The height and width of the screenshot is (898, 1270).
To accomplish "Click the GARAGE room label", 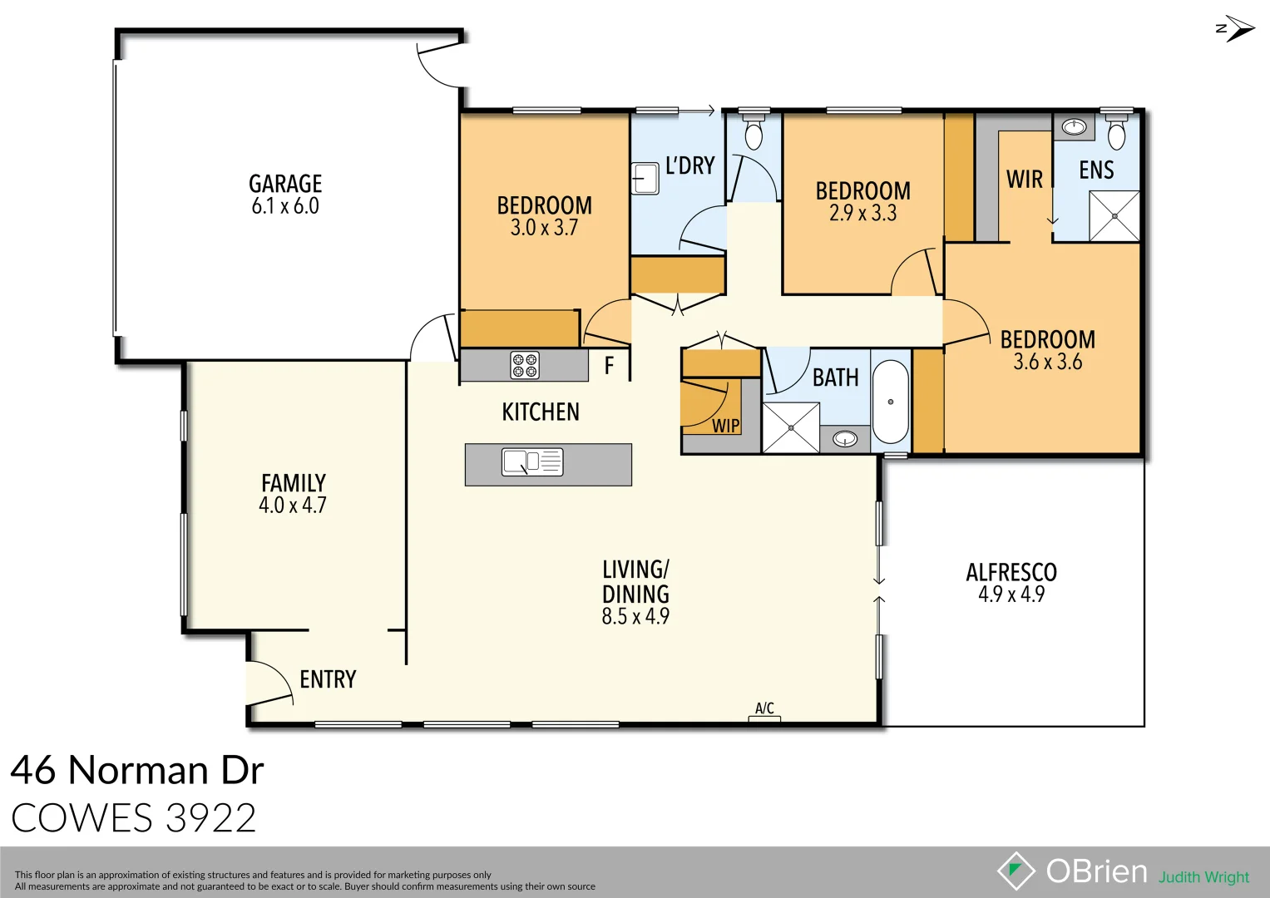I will (x=285, y=184).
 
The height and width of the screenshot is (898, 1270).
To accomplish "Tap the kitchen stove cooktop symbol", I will (x=525, y=365).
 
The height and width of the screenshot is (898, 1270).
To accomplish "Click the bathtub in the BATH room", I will (x=890, y=402).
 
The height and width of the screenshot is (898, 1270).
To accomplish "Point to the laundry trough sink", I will (x=645, y=178).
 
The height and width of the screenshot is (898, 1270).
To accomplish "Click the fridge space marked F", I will (x=609, y=366).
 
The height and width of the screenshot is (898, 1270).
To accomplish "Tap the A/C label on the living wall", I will (x=764, y=708).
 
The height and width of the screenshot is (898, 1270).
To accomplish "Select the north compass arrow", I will (x=1235, y=28).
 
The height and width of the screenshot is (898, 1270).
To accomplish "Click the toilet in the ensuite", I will (x=1116, y=132).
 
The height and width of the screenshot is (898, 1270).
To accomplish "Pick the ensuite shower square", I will (x=1114, y=216).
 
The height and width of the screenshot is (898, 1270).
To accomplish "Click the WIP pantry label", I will (x=725, y=426).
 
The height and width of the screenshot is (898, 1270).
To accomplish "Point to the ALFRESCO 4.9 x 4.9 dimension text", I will (x=1011, y=595).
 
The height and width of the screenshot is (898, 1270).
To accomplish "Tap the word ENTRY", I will (x=328, y=679).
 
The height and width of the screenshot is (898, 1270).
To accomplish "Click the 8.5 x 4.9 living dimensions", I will (x=635, y=616).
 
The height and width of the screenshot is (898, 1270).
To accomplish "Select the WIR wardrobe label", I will (x=1024, y=179).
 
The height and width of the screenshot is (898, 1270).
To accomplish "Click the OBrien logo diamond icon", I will (x=1016, y=871).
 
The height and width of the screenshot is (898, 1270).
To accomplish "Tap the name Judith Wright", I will (x=1203, y=877).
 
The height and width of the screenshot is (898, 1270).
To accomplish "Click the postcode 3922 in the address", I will (x=211, y=818).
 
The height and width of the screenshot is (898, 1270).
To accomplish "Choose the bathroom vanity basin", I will (x=845, y=438).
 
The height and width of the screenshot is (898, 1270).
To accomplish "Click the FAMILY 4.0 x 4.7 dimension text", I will (x=293, y=506).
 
